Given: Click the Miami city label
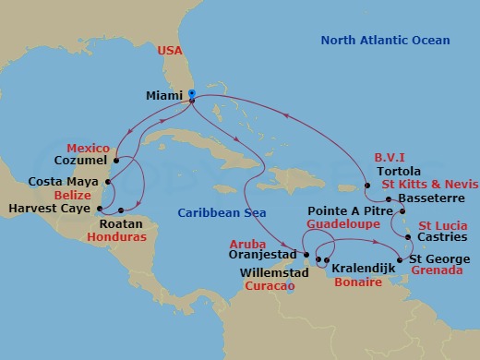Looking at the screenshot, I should point(163,94).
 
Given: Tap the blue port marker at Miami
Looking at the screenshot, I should point(191,93).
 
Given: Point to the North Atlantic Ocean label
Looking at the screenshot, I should point(385,41).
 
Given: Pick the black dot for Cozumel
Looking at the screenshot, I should point(116,161).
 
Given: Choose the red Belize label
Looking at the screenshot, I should point(72,196).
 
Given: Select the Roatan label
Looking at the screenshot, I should point(117,222).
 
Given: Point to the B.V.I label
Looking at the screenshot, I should point(390,157).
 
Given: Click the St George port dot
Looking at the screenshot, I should point(399,260).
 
